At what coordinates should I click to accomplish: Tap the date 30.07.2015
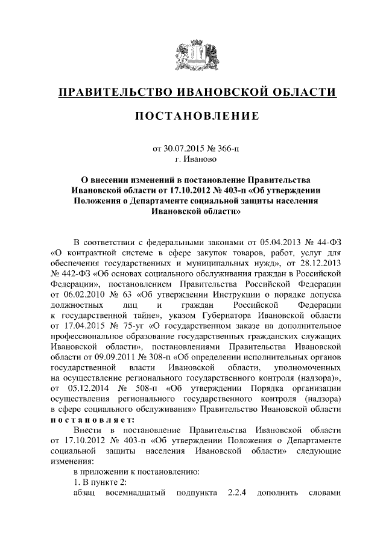point(186,148)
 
